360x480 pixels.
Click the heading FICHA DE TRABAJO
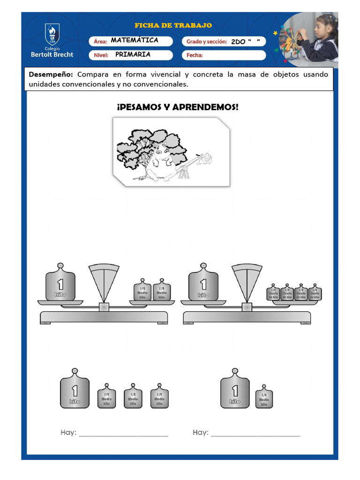(173, 25)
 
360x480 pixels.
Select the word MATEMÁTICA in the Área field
(135, 40)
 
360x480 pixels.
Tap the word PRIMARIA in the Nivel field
(133, 54)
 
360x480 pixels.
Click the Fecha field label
(195, 55)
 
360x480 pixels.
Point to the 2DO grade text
(238, 42)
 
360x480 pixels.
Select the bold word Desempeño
(51, 75)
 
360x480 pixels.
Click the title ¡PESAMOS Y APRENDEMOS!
(178, 107)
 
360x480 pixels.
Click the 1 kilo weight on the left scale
(60, 284)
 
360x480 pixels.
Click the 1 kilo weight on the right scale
(203, 284)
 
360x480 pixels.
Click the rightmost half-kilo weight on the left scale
(162, 292)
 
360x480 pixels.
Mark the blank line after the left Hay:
(123, 435)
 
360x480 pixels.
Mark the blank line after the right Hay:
(255, 435)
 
